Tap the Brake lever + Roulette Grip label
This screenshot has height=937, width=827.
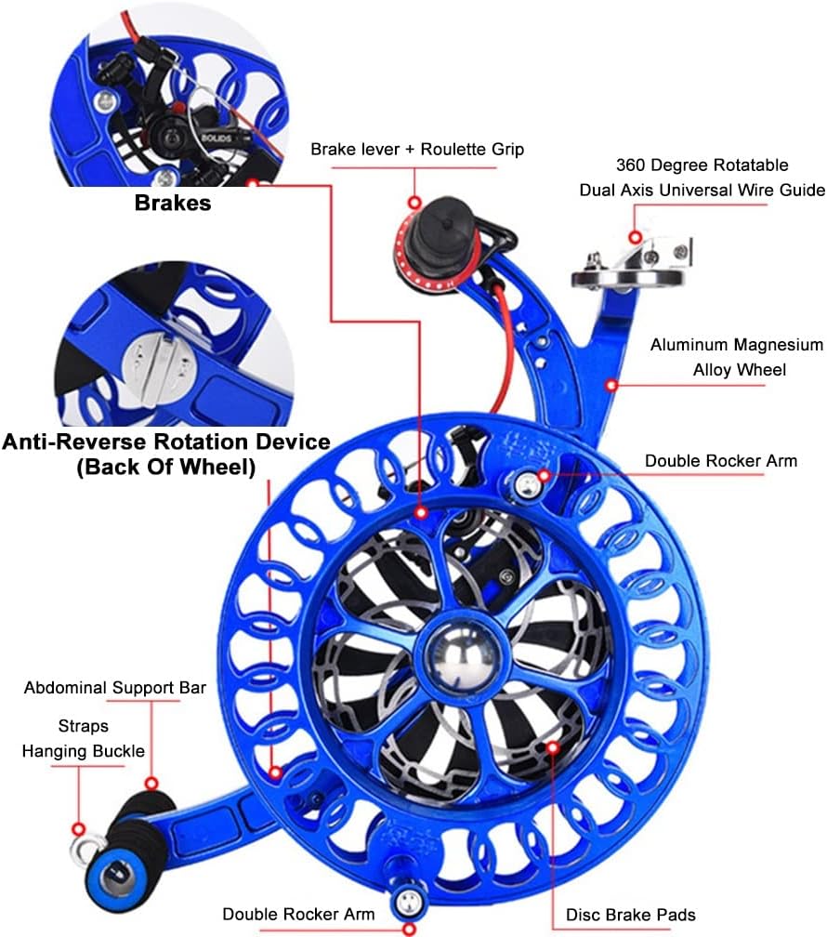pos(417,149)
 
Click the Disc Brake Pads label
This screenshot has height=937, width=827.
pos(630,916)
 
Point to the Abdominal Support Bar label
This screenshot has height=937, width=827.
pos(115,689)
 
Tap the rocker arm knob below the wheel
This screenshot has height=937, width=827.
pos(407,899)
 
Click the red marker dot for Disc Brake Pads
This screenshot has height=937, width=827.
pos(553,746)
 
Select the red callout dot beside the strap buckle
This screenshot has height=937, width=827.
pos(78,827)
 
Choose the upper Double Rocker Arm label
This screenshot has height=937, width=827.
pos(720,460)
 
